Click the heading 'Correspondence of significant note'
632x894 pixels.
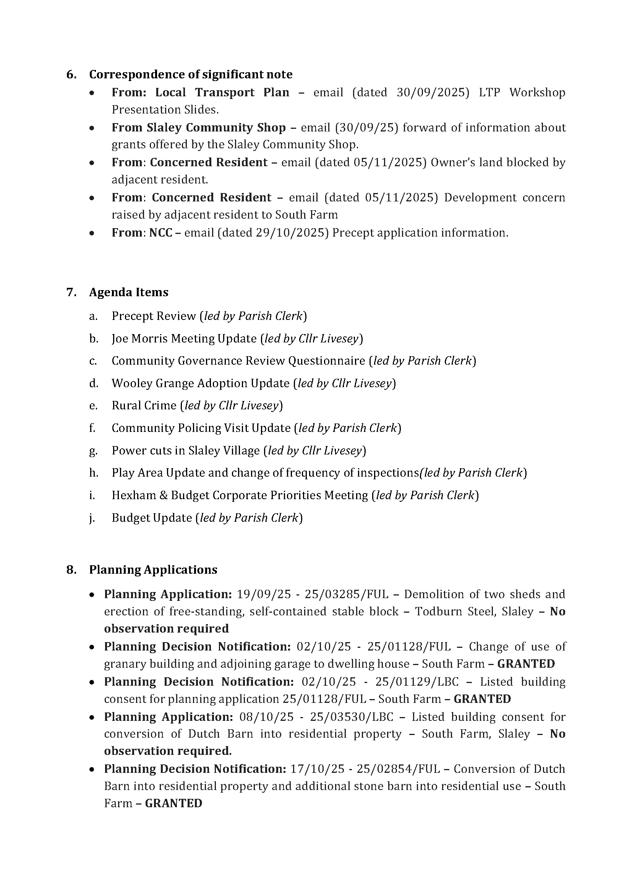(191, 75)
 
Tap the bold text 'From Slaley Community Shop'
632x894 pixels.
(198, 127)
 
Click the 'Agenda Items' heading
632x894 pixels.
(129, 292)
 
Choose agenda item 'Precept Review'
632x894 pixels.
(154, 316)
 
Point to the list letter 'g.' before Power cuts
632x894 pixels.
(93, 451)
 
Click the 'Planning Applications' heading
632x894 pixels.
(153, 569)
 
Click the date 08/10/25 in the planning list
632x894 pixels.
(267, 717)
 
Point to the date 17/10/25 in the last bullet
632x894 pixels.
(318, 769)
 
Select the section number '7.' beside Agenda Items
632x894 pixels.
(71, 292)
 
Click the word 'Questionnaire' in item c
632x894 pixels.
(326, 360)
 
